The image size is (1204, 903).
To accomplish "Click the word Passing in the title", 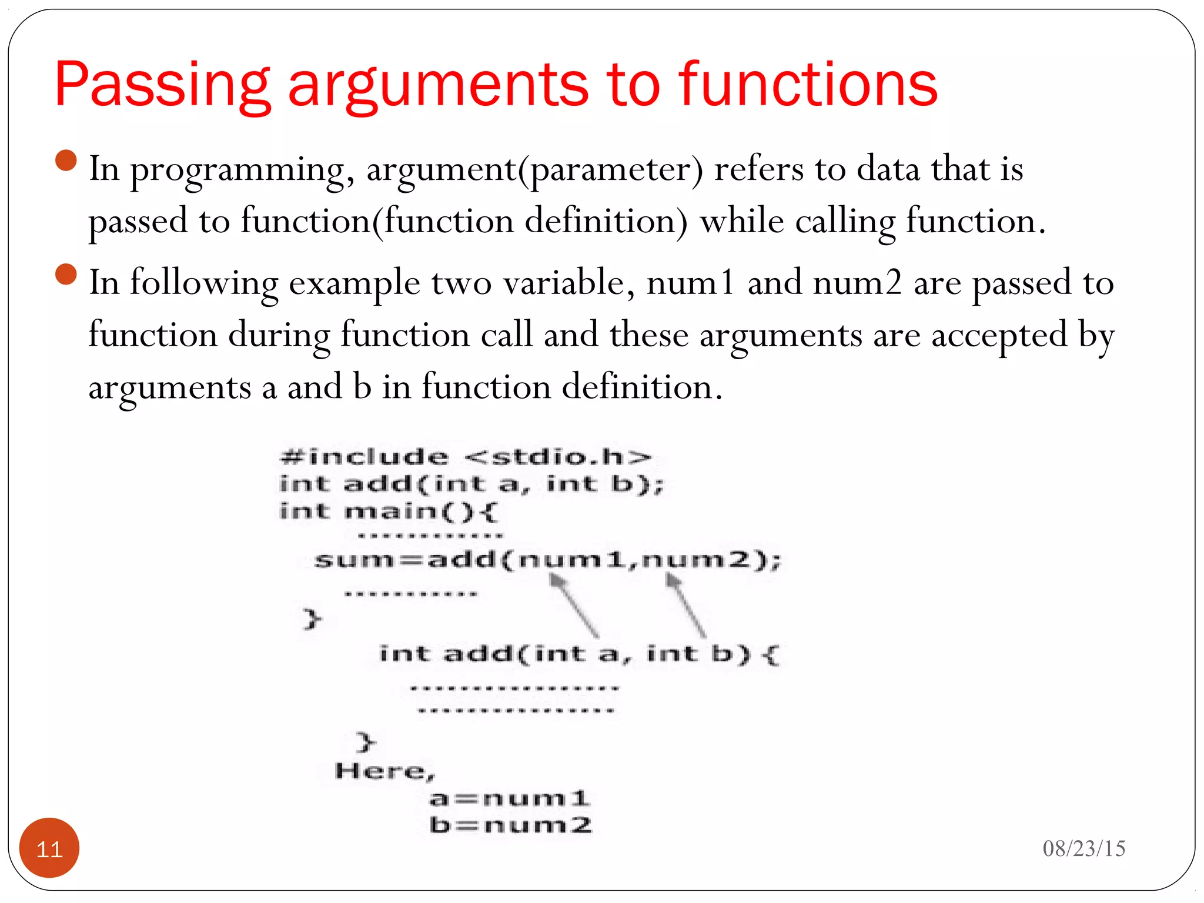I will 162,86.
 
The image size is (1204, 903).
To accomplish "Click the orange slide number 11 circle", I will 49,848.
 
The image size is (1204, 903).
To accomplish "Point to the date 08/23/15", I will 1083,848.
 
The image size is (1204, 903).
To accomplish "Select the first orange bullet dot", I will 66,160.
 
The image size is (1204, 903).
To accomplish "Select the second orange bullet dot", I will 66,275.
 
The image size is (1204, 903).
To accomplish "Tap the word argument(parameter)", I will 534,170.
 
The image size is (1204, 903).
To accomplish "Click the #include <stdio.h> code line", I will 465,457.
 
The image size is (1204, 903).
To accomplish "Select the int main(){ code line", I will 389,511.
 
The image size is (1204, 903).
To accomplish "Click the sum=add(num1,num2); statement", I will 547,559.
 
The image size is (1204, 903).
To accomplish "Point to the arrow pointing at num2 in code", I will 685,605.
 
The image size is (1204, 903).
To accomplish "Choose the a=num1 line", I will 509,798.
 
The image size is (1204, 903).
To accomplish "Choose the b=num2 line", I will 510,825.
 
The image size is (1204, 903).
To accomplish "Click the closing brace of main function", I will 312,619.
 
